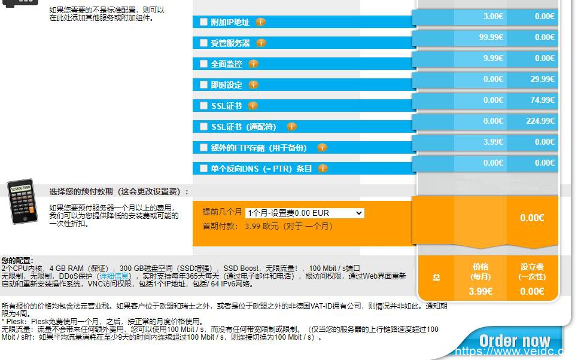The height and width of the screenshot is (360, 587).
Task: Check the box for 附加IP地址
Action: pos(203,22)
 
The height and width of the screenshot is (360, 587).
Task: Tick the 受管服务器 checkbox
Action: pos(203,43)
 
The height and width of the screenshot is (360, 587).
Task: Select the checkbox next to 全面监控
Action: pos(203,64)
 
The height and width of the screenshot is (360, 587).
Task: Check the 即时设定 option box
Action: pos(203,85)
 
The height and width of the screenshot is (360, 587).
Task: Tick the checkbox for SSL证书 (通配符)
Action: pos(203,127)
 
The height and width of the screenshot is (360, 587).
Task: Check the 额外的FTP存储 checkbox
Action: pos(203,148)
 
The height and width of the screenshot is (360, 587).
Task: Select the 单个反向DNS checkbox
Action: pos(203,169)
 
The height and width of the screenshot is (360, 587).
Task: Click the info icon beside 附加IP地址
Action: pos(260,22)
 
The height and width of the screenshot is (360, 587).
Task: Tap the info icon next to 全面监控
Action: pos(253,64)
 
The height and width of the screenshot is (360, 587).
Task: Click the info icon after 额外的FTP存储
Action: pos(322,148)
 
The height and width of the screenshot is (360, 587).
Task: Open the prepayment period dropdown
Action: pos(305,213)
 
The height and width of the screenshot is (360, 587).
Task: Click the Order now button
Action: pos(514,341)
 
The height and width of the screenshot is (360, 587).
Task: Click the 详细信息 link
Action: pos(113,276)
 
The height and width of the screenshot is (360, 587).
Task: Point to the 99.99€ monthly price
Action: pos(491,37)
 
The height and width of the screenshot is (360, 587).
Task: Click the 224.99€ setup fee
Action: pos(540,121)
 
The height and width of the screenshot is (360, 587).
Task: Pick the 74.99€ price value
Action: pos(542,100)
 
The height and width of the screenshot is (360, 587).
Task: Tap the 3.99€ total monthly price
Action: pos(480,291)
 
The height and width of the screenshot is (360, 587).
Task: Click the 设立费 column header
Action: pos(532,271)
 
